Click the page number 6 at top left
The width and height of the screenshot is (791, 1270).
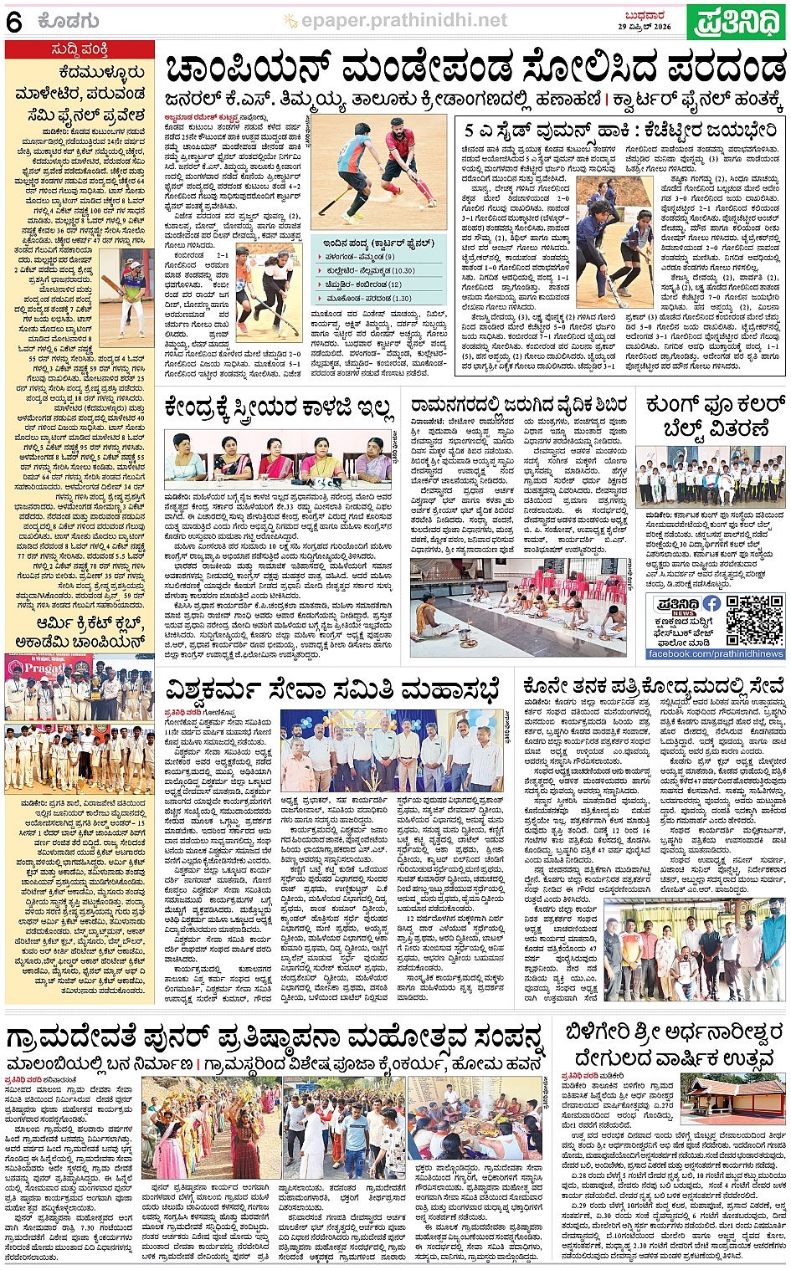[13, 23]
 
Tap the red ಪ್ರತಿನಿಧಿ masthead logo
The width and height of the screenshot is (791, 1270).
[736, 22]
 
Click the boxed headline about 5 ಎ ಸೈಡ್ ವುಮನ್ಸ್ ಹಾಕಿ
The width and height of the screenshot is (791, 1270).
[620, 131]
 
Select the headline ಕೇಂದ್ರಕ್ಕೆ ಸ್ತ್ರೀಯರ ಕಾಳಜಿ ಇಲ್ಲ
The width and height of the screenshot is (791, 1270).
[279, 407]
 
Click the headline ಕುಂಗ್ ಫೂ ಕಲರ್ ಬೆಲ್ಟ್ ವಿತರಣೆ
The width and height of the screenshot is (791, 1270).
[714, 417]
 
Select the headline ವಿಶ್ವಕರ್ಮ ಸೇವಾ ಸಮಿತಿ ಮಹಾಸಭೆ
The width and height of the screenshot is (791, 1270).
[332, 689]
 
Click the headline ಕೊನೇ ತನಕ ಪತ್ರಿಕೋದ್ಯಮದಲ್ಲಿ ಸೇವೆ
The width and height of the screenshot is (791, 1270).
[653, 686]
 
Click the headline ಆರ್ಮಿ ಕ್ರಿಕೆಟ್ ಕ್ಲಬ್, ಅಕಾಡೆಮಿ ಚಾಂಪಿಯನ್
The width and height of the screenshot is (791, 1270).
[80, 632]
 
